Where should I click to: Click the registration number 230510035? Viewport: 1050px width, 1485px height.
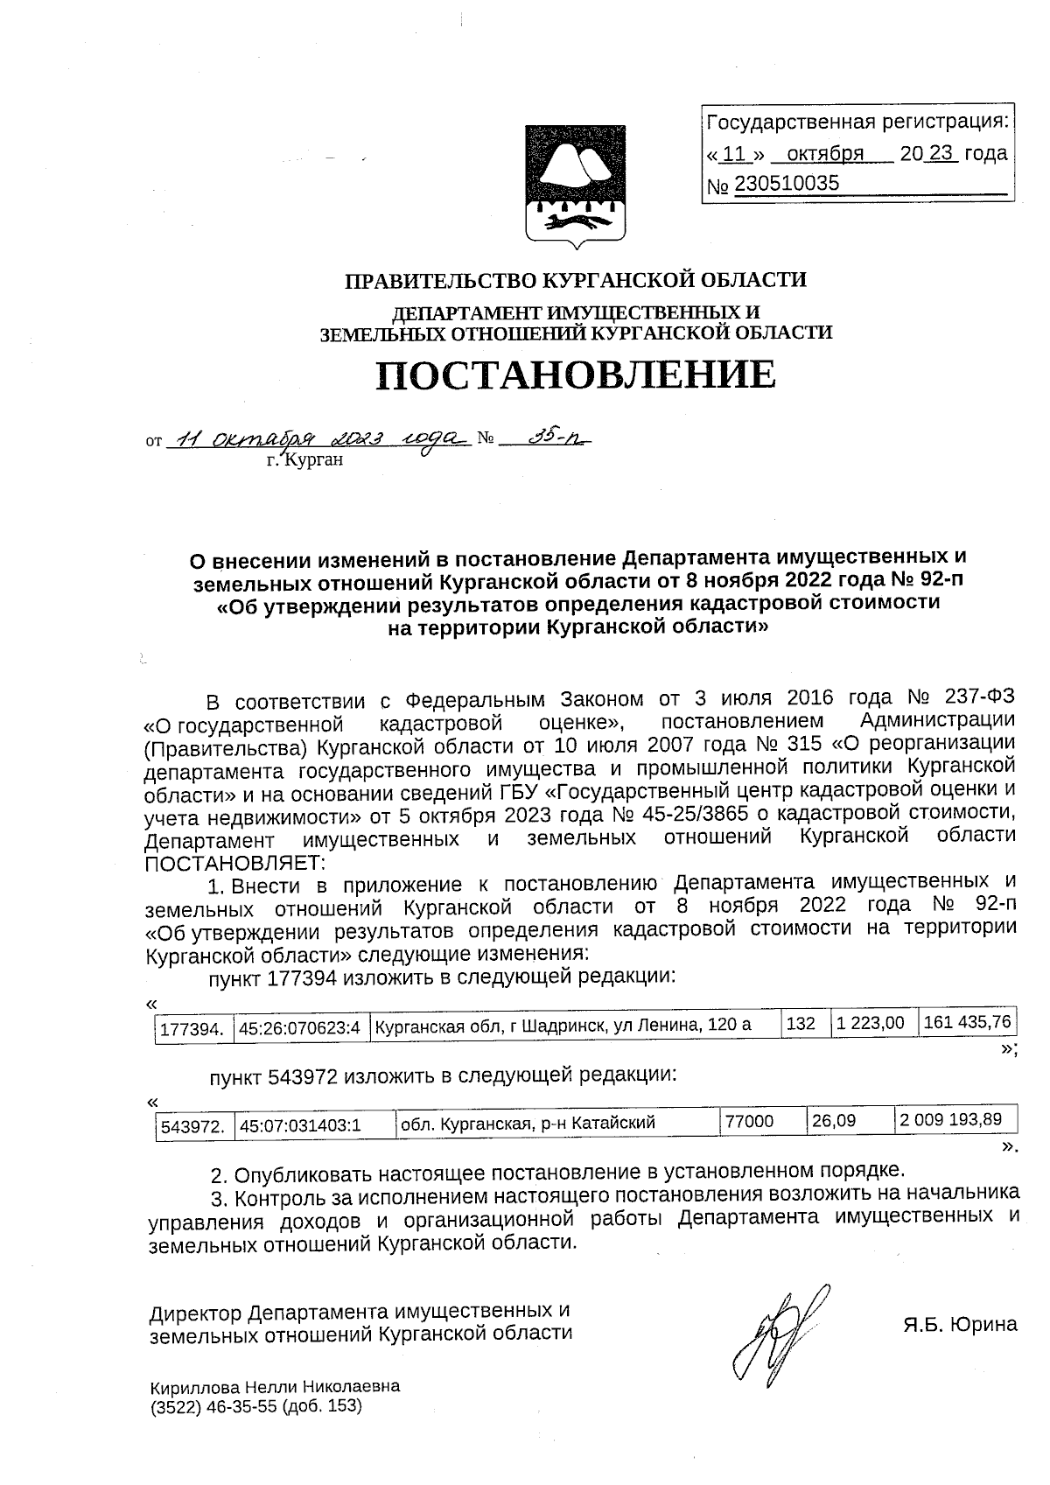[x=786, y=183]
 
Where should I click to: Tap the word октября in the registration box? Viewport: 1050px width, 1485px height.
[x=825, y=154]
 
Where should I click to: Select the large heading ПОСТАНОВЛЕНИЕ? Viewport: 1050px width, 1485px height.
[x=576, y=375]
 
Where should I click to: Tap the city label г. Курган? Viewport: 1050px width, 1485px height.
[x=305, y=459]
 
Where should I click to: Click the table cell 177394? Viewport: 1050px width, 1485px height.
[x=194, y=1028]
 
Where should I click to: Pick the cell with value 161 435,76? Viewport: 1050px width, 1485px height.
[x=966, y=1021]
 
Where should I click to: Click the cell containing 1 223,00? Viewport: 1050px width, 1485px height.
[x=870, y=1022]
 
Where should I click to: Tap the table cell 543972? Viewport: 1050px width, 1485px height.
[x=194, y=1125]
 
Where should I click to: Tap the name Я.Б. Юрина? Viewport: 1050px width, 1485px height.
[x=960, y=1324]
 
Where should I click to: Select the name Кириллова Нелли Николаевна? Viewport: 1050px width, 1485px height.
[x=275, y=1387]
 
